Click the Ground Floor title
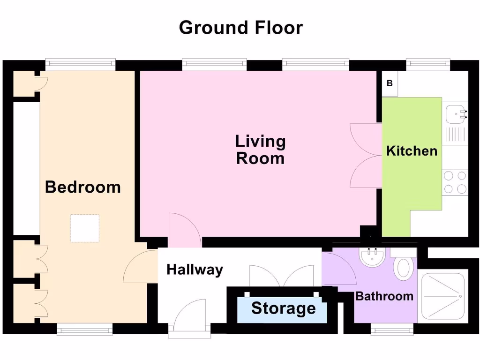(240, 28)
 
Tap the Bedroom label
(83, 187)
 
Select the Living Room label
(260, 150)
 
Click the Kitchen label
(412, 151)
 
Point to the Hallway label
(195, 270)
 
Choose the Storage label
(283, 308)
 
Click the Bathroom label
(384, 296)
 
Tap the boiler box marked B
(390, 84)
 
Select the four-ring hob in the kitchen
(455, 182)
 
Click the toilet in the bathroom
(404, 266)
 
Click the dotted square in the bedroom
(85, 228)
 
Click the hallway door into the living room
(185, 231)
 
